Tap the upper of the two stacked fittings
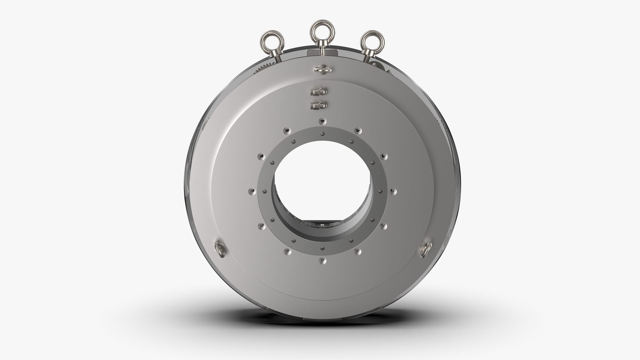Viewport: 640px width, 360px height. [x=319, y=92]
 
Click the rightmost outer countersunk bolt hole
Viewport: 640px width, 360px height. [x=394, y=191]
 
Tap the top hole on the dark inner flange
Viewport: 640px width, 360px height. [x=322, y=134]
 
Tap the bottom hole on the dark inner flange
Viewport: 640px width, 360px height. [x=322, y=248]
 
